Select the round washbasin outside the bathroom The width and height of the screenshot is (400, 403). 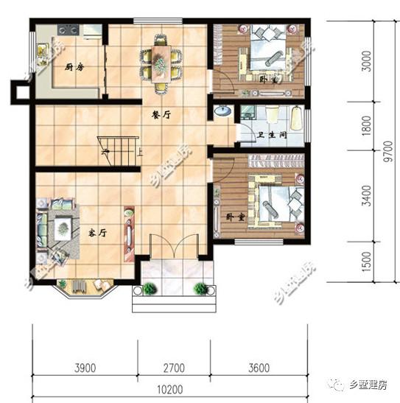pos(222,112)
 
